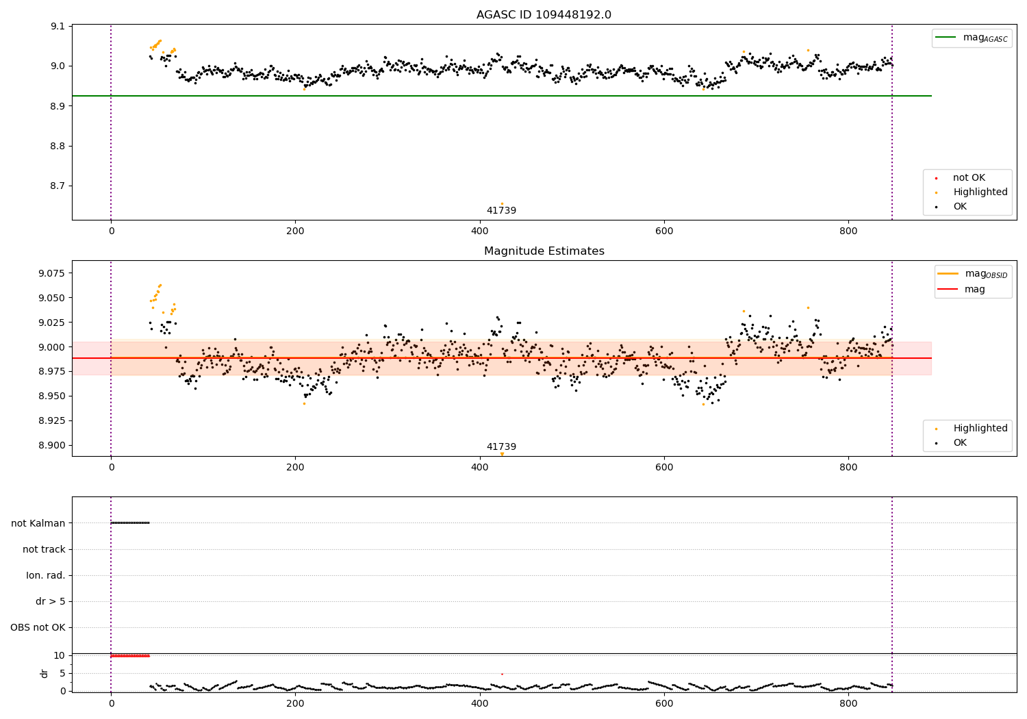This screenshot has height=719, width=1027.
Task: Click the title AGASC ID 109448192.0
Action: [544, 15]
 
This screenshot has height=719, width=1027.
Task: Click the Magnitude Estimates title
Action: [544, 251]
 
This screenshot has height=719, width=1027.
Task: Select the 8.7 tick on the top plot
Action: [56, 186]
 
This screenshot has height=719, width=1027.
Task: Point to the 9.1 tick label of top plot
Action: [56, 27]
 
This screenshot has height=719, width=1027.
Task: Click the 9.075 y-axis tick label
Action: [49, 273]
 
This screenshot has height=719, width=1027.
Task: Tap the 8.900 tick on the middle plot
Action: [49, 445]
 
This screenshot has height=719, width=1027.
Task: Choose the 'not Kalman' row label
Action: [38, 523]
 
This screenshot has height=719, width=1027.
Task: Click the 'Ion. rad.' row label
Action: [46, 575]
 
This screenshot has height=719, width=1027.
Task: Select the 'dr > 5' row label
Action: [51, 601]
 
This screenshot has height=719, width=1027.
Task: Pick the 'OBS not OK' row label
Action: [38, 627]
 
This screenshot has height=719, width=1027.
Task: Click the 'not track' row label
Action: [44, 549]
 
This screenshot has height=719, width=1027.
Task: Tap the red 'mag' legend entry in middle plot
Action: [974, 290]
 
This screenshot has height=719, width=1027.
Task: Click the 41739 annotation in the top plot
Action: [501, 211]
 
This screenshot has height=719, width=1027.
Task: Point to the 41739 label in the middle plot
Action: [501, 447]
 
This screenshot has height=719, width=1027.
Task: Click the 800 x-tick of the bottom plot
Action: [848, 702]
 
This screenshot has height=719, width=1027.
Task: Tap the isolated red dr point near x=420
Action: [502, 674]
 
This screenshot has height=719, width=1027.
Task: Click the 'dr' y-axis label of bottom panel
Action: [45, 673]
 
